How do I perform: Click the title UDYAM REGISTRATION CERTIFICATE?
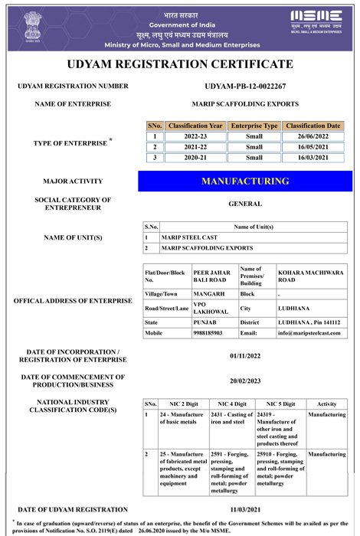click(180, 64)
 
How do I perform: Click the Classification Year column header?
click(195, 126)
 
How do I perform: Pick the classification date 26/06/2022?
click(313, 136)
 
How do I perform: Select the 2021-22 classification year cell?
click(195, 147)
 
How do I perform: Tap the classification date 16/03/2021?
click(313, 158)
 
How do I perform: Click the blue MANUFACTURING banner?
click(245, 181)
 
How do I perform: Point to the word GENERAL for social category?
click(245, 204)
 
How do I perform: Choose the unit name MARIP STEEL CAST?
click(189, 237)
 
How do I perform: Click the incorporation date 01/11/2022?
click(245, 357)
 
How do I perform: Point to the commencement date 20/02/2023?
click(245, 381)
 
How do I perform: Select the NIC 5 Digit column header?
click(280, 404)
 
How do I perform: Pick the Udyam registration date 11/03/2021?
click(245, 509)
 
